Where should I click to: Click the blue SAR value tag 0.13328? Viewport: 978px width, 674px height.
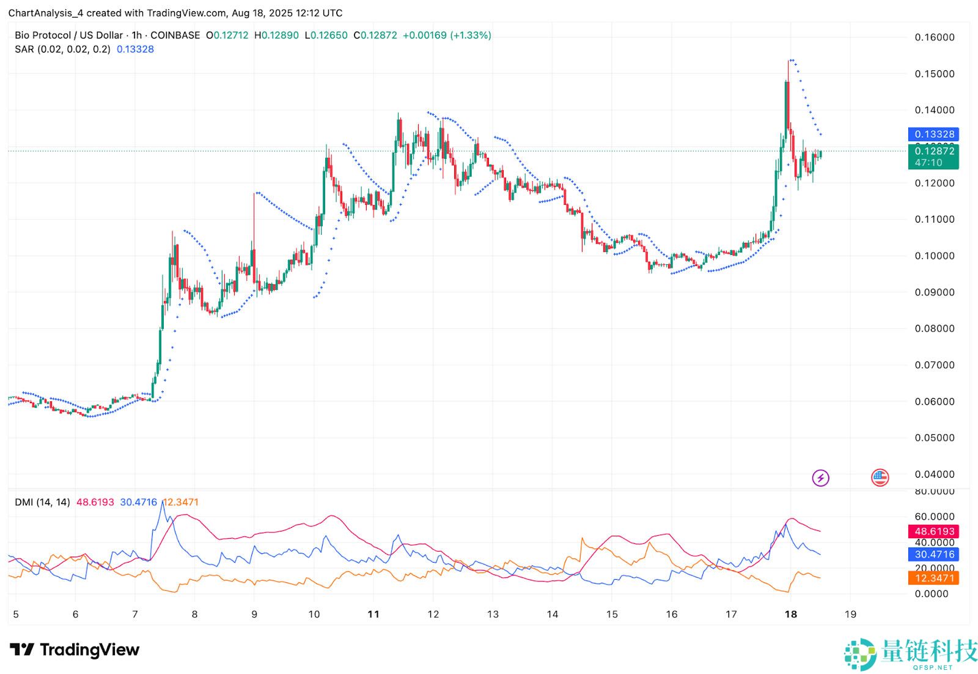[934, 134]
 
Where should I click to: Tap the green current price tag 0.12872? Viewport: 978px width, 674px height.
[934, 151]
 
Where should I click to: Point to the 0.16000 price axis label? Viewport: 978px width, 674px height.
[934, 37]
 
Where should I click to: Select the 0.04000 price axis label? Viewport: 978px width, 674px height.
[934, 474]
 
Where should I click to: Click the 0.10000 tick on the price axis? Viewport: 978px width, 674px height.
[934, 256]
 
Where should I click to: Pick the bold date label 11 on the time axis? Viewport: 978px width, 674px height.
[373, 614]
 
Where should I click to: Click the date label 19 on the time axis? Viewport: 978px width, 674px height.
[850, 614]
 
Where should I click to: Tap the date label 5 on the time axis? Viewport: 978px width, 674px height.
[16, 614]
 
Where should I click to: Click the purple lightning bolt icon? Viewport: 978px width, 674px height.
[820, 478]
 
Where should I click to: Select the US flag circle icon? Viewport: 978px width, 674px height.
[880, 478]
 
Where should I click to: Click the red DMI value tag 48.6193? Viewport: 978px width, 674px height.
[934, 531]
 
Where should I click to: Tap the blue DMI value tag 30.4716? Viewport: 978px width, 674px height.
[934, 554]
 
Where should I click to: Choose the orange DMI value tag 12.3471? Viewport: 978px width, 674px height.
[934, 578]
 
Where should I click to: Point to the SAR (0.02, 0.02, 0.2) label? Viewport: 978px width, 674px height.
[62, 49]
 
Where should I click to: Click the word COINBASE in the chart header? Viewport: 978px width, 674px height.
[175, 35]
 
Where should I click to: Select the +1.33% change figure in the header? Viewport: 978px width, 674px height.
[471, 35]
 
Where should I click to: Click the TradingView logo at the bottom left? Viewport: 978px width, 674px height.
[75, 650]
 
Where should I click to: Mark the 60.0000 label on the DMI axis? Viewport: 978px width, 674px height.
[934, 517]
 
